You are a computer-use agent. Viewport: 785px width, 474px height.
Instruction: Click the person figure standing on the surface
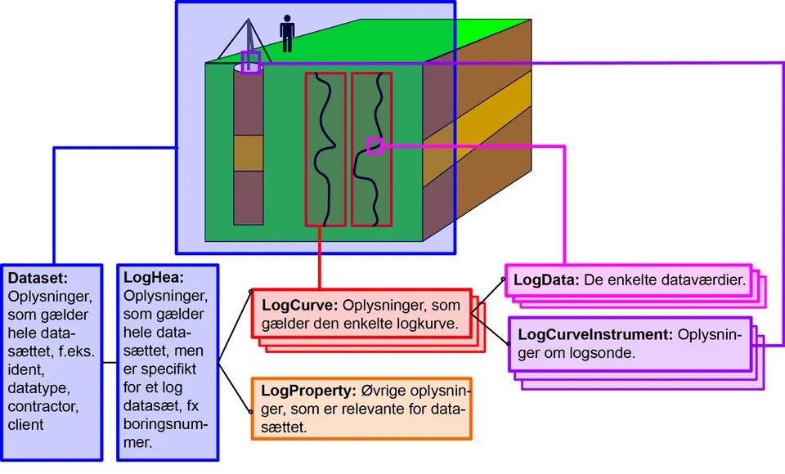287,34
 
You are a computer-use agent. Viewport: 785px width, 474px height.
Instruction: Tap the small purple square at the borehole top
251,62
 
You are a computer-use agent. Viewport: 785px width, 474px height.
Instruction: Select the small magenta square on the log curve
375,146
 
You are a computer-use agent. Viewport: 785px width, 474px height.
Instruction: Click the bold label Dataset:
37,278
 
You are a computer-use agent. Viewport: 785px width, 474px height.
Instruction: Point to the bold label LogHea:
154,278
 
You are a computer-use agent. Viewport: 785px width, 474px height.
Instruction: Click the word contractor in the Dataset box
43,406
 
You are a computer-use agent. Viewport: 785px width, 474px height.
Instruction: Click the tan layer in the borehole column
249,152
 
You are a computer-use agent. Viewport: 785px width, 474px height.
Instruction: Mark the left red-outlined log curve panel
325,149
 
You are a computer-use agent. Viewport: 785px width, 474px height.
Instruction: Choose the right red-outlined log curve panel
371,188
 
